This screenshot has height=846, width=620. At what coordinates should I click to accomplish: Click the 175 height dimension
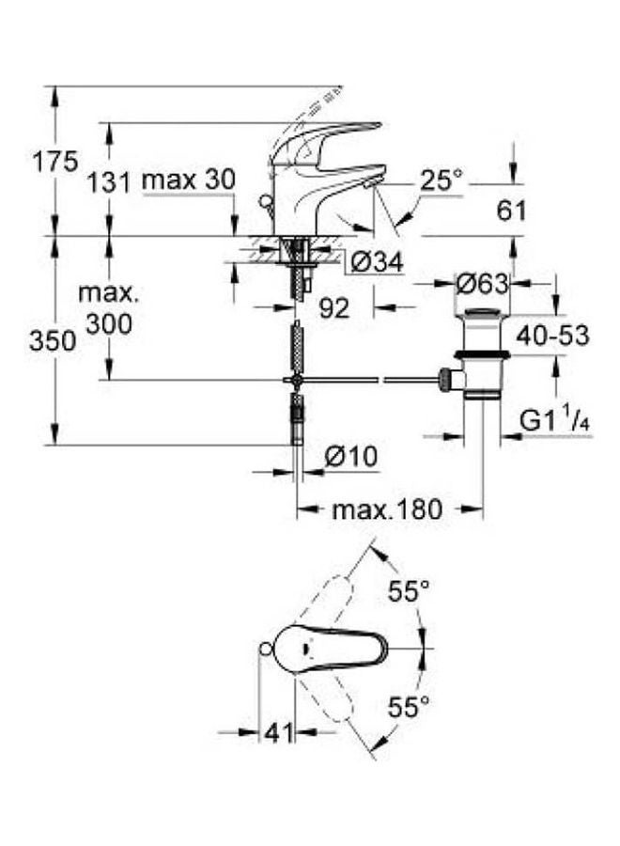[55, 162]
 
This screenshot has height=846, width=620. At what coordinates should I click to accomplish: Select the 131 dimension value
[110, 182]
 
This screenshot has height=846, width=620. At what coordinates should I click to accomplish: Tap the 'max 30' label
[189, 180]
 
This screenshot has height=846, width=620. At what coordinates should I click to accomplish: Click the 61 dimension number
[511, 211]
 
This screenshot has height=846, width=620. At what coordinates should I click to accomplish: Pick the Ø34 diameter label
[377, 263]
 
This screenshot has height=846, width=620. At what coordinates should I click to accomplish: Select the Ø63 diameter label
[482, 284]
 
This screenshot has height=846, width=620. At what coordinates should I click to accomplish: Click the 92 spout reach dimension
[334, 308]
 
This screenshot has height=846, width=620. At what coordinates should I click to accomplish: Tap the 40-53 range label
[552, 336]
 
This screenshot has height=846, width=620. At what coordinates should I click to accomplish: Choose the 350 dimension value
[53, 341]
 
